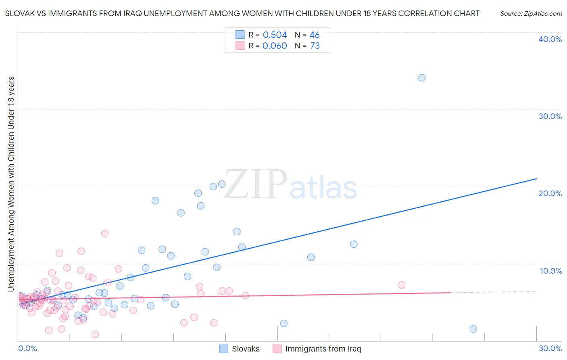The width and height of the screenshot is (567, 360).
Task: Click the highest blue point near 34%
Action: [x=422, y=77]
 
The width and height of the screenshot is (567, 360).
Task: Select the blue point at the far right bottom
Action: [x=473, y=329]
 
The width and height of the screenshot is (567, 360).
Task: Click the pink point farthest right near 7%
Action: [x=402, y=285]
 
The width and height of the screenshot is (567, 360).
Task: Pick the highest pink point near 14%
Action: [x=105, y=233]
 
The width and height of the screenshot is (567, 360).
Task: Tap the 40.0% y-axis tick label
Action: [x=550, y=39]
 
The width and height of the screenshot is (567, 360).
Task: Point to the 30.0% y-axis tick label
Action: [x=550, y=116]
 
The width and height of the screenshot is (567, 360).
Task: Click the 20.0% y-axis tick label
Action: [x=550, y=193]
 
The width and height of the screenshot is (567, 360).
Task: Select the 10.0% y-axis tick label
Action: [x=551, y=271]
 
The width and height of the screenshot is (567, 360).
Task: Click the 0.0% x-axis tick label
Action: [x=27, y=348]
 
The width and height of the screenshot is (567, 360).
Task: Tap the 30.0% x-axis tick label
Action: [x=550, y=348]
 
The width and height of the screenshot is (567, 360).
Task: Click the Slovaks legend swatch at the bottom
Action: [x=224, y=349]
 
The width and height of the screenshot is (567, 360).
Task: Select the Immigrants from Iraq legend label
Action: [x=323, y=349]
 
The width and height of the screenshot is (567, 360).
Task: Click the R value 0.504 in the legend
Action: [x=275, y=35]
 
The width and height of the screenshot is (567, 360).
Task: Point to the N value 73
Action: [x=315, y=46]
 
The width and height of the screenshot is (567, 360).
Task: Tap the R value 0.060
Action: [x=275, y=46]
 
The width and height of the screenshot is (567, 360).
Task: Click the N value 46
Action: [x=315, y=35]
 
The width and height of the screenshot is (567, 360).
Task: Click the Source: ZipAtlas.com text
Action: [x=531, y=14]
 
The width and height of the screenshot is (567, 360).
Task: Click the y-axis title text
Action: [x=11, y=184]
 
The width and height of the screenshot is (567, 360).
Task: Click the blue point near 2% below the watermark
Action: [x=284, y=323]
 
